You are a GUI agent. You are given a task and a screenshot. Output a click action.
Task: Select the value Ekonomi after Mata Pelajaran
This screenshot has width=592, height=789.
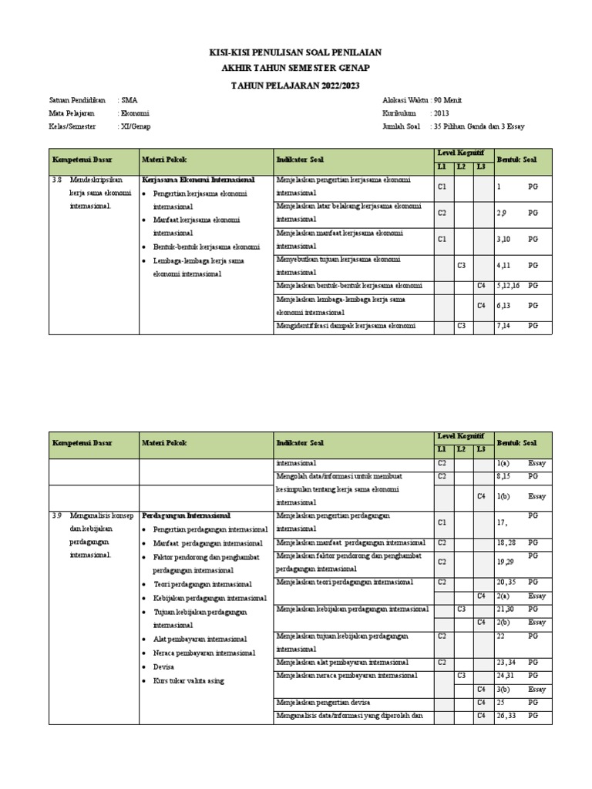click(x=136, y=112)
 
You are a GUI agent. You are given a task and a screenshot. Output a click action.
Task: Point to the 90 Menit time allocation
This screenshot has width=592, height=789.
click(x=448, y=100)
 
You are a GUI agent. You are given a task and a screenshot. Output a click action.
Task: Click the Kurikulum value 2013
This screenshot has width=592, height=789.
click(x=441, y=112)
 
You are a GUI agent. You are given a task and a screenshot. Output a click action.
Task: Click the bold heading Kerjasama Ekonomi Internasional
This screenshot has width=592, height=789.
click(x=198, y=180)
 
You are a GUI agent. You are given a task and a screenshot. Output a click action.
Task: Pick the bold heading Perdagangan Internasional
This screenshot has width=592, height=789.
click(x=187, y=515)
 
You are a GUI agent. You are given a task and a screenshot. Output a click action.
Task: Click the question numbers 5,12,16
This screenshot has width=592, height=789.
click(x=510, y=286)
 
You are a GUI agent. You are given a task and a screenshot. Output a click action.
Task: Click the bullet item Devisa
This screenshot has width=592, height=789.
click(x=163, y=666)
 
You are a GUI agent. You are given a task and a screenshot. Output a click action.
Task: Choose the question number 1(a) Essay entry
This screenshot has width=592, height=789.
click(x=504, y=463)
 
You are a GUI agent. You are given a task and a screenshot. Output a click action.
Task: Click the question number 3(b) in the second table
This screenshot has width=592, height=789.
click(x=504, y=689)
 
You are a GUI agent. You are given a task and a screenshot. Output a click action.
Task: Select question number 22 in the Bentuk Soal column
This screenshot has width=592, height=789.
click(x=501, y=636)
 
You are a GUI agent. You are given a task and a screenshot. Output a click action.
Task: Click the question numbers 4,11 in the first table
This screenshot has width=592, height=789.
click(x=506, y=265)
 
